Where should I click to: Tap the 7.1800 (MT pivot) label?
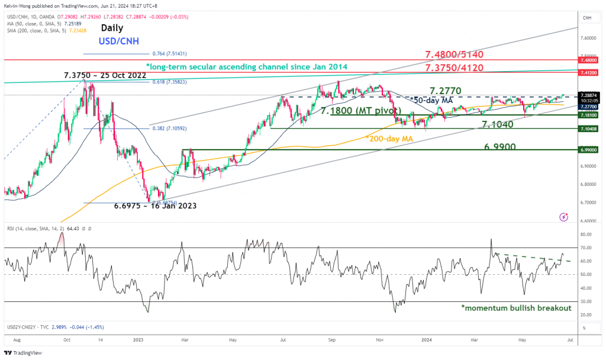point(360,111)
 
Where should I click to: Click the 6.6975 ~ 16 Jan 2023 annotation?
point(155,205)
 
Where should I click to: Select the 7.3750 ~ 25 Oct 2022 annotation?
point(104,76)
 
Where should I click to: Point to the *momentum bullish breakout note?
point(516,308)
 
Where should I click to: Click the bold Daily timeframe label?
point(112,27)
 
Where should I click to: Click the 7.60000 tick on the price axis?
point(587,38)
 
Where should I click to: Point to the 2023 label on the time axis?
point(138,340)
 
